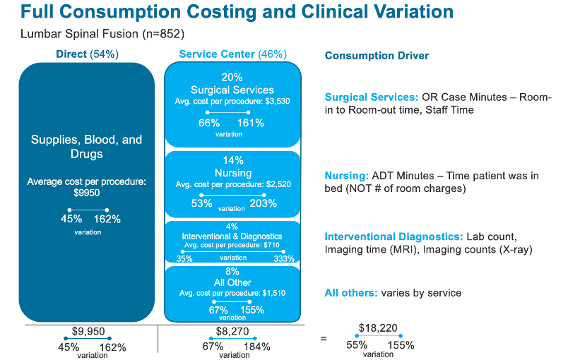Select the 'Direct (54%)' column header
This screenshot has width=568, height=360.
(x=87, y=54)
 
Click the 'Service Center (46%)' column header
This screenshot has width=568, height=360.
(x=232, y=54)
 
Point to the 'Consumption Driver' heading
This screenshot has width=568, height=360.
(x=377, y=56)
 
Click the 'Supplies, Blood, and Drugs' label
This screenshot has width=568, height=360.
(x=86, y=147)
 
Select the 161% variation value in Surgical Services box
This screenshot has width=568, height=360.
(x=250, y=124)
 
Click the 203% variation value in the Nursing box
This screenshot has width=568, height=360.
(x=263, y=203)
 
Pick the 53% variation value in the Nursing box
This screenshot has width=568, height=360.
(x=201, y=203)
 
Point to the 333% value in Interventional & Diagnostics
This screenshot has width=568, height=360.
(x=284, y=259)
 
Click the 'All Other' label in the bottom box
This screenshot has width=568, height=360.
(x=232, y=282)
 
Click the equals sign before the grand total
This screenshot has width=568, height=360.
(x=324, y=339)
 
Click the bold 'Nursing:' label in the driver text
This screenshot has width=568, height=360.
(x=344, y=176)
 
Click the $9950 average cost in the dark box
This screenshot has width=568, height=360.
(x=86, y=192)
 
